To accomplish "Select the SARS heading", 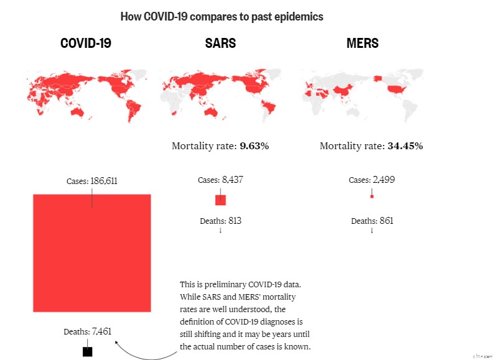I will coord(220,44).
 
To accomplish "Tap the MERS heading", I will coord(362,44).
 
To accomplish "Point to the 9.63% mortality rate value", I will coord(254,146).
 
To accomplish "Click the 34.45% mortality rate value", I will coord(405,146).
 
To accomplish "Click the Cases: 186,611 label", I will coord(92,182).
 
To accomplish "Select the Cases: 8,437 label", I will coord(220,180).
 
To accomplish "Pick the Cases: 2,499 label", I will coord(372,180).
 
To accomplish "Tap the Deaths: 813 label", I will coord(220,221).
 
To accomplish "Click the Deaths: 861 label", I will coord(372,221).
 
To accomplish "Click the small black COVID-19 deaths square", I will coord(87,351).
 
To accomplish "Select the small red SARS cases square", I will coord(220,200).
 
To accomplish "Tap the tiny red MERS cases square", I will coord(372,196).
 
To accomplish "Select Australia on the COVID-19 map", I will coord(77,112).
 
